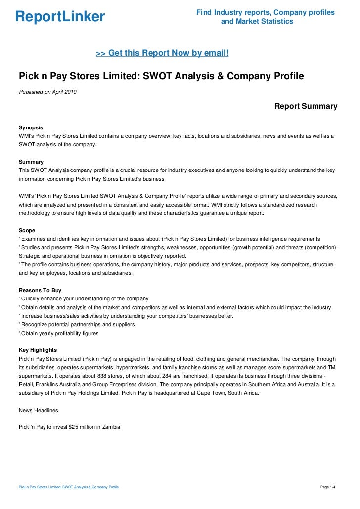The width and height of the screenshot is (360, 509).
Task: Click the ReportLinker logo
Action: (60, 17)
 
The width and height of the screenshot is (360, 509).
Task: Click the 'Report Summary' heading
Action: (306, 106)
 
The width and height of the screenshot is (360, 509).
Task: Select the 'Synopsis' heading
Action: (31, 127)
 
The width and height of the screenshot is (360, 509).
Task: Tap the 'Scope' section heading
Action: (27, 230)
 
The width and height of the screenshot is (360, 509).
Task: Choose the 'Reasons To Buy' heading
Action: (40, 290)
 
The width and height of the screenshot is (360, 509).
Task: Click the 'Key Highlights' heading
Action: (38, 350)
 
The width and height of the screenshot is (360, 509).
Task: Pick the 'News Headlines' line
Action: (38, 410)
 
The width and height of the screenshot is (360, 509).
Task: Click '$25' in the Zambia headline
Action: (74, 426)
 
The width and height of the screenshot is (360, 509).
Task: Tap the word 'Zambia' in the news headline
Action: (110, 426)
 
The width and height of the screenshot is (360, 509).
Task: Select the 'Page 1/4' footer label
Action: (328, 487)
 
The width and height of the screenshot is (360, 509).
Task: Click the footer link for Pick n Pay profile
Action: (68, 487)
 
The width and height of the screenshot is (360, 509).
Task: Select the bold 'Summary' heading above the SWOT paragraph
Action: (31, 162)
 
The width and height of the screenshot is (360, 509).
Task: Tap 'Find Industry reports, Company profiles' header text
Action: (265, 12)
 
